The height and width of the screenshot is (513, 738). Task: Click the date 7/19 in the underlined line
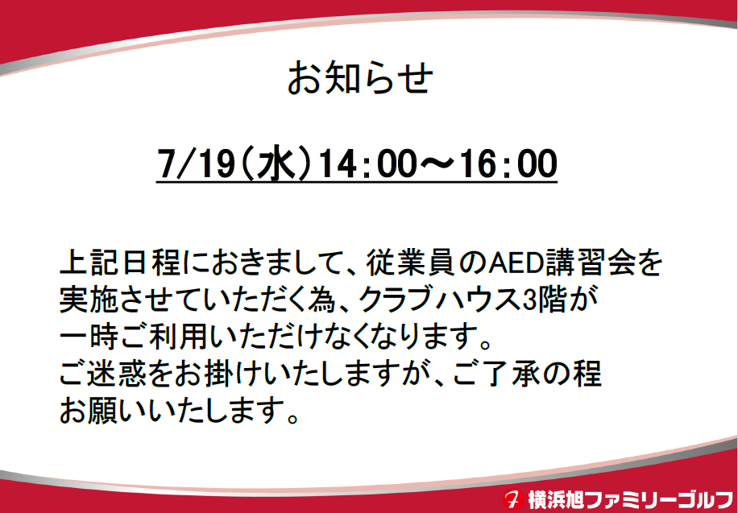[197, 163]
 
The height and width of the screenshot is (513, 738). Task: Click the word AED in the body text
[509, 264]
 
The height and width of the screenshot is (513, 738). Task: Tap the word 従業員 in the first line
[410, 264]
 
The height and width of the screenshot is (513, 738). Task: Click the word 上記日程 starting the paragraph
[119, 264]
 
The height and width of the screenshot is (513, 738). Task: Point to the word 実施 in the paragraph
[89, 300]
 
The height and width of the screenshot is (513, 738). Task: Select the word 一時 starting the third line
[89, 337]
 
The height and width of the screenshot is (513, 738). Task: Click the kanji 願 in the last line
[104, 411]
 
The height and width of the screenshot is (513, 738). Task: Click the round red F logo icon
[513, 499]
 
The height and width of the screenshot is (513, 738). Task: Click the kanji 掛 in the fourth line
[222, 374]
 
